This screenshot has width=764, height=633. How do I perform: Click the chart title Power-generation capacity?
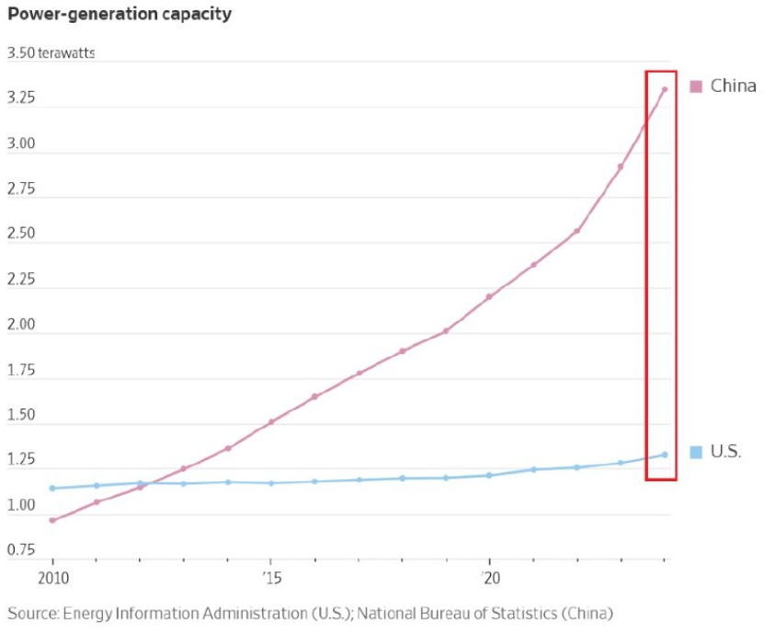pos(120,14)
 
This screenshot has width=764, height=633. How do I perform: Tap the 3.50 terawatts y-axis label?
pos(51,52)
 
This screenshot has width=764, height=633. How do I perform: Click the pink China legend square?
pos(696,86)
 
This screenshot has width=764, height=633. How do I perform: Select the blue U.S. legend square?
pos(696,452)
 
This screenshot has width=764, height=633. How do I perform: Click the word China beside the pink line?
pos(734,86)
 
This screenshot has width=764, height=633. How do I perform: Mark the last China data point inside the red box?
pos(664,89)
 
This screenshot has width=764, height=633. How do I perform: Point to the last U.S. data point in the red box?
pos(664,455)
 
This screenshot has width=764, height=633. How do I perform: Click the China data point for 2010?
pos(52,521)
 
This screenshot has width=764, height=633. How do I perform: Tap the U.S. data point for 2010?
pos(52,488)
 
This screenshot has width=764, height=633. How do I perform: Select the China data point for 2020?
pos(489,296)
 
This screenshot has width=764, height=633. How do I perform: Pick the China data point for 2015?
pos(271,421)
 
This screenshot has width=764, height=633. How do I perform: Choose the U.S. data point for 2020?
pos(489,475)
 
